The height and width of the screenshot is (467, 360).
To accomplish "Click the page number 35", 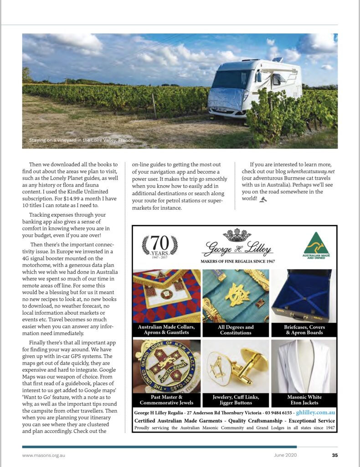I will coord(334,455).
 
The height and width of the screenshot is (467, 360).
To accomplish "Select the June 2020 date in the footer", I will coord(285,455).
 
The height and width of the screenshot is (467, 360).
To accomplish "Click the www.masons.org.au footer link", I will coord(44,455).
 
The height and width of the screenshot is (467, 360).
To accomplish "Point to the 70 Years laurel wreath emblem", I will coord(159,246).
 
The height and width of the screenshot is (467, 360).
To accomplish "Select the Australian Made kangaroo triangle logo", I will coord(316,246).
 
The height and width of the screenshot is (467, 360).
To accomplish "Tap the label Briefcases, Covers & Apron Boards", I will coord(304,330).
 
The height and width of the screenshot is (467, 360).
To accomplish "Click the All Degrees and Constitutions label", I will coord(236,330).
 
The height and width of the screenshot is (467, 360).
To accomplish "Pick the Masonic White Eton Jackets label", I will coord(304,400).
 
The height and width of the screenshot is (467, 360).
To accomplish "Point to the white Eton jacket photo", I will coord(304,365).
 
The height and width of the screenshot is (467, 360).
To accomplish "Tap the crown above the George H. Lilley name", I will coord(237,235).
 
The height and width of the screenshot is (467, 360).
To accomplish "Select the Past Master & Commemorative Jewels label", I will coord(166,400).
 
